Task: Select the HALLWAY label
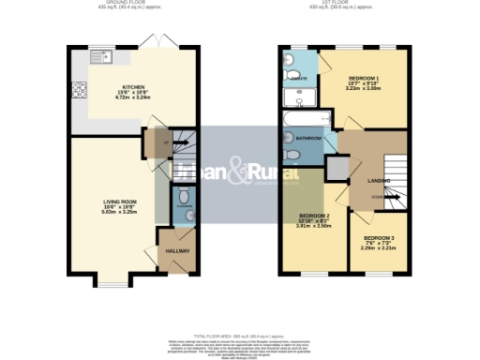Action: point(177,251)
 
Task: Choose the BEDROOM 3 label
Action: point(379,238)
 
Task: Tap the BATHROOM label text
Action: point(308,139)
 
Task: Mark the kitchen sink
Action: point(99,58)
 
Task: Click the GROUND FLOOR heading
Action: point(132,3)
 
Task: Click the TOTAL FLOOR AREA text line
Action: point(239,334)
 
